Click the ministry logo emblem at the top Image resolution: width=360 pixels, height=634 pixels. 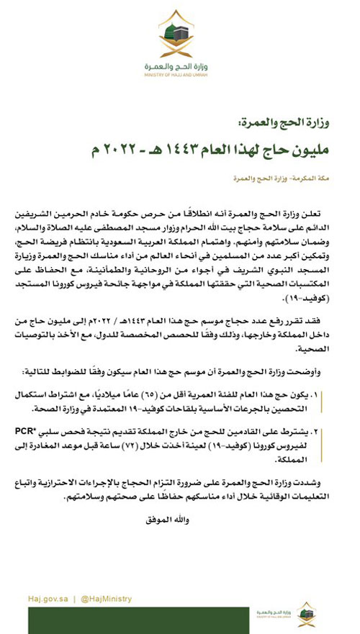click(x=179, y=34)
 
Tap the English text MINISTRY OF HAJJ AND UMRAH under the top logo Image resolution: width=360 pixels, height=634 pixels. click(x=179, y=74)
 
